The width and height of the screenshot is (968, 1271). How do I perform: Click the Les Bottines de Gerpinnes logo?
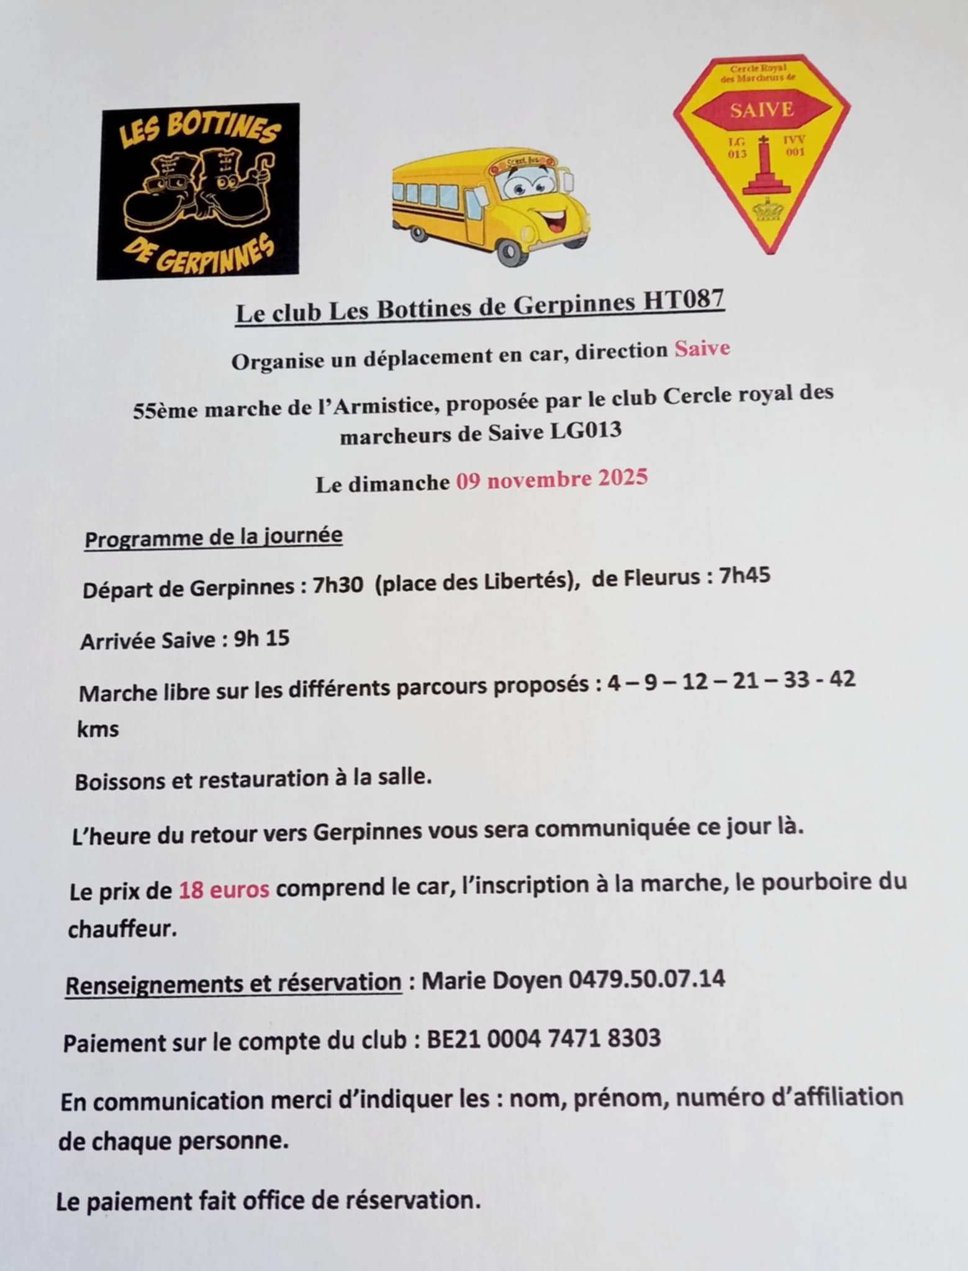pos(197,191)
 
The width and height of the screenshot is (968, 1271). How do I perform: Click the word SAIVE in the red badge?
pos(761,110)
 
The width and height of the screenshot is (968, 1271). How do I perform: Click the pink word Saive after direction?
pos(702,349)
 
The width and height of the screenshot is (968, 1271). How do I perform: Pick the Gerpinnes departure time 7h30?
pos(338,585)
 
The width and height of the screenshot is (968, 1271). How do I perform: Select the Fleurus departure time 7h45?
pos(744,577)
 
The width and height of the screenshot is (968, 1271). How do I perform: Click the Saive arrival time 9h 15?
pos(261,639)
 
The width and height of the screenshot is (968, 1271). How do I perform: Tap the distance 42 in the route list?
pos(842,678)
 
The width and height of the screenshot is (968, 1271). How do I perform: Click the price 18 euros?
pos(224,890)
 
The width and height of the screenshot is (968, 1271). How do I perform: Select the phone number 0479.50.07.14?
pos(646,979)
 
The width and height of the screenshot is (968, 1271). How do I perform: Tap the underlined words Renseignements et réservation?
pos(233,983)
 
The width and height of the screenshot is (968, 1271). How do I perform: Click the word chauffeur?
pos(119,929)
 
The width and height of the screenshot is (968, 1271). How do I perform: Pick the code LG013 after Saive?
pos(586,431)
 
